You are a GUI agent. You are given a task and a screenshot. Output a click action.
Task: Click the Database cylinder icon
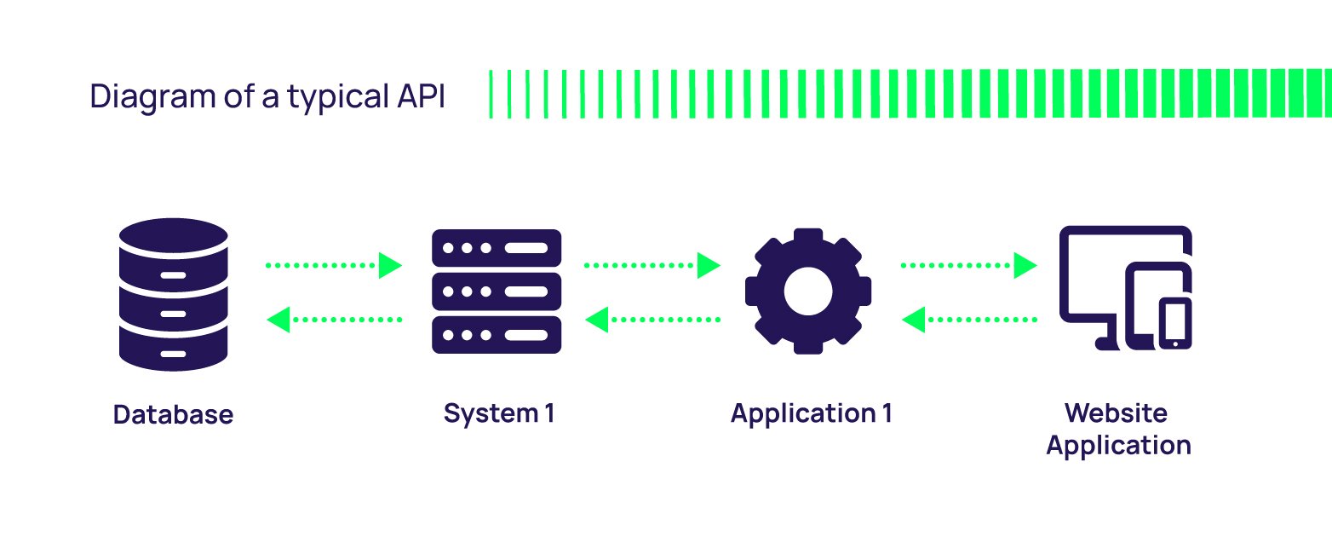point(174,295)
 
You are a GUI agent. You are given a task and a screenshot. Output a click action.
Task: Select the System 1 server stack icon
point(497,291)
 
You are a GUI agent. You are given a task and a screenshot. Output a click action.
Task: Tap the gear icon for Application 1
point(807,291)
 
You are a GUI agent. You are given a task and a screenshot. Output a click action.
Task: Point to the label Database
point(173,415)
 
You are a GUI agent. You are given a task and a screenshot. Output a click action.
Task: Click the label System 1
point(499,413)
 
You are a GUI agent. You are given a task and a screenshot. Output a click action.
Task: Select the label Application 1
point(811,413)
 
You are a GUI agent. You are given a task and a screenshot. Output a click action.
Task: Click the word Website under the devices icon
point(1116,413)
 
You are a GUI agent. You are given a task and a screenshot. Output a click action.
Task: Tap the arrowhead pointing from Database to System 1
point(390,265)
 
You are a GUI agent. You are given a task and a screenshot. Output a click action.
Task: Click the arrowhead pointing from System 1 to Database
point(278,320)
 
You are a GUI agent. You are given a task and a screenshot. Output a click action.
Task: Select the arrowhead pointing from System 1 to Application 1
point(709,265)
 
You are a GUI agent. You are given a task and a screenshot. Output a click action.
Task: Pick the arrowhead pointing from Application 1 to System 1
point(597,320)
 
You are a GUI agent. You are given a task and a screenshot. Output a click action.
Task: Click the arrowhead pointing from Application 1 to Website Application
point(1025,265)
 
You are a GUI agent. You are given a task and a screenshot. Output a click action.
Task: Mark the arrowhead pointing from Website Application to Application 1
point(914,320)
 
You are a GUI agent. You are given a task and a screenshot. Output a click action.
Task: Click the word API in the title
point(421,96)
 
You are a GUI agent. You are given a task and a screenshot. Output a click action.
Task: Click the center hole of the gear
point(807,291)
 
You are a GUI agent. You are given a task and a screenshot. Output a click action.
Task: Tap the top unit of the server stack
point(497,247)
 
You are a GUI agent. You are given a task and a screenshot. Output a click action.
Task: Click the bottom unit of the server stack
point(497,334)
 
